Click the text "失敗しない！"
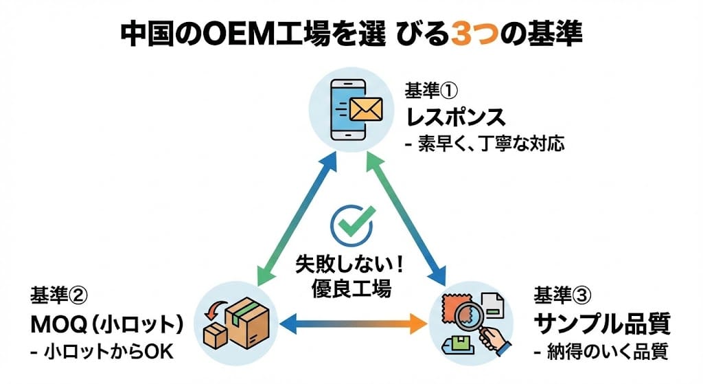352,264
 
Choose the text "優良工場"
352,289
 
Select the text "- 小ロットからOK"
102,352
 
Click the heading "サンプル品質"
601,323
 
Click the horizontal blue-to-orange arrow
351,323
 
